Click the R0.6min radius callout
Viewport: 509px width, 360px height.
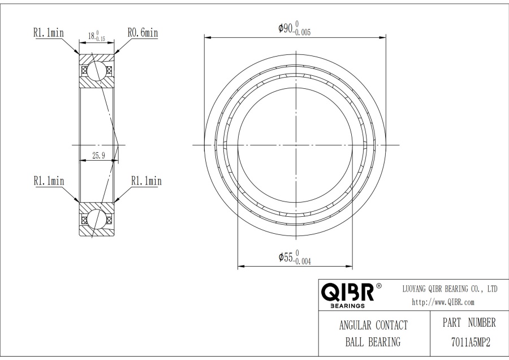(143, 33)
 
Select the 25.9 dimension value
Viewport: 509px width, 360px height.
(98, 156)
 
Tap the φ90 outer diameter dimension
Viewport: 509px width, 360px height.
(295, 29)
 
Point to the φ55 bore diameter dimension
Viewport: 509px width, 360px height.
(295, 258)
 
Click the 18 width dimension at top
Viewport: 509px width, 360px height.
(96, 36)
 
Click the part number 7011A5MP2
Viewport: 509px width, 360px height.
(471, 342)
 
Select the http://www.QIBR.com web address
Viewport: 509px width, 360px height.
(443, 302)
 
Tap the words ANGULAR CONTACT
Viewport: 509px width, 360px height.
(373, 325)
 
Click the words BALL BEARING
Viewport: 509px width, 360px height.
(373, 342)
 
